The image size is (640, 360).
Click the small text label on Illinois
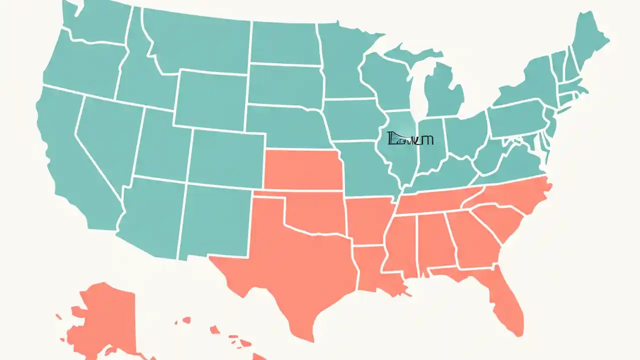[x=410, y=139]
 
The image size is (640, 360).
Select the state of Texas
[x=290, y=265]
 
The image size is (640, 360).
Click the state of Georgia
[x=472, y=240]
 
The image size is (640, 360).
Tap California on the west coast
[x=75, y=160]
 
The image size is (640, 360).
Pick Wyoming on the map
[x=210, y=100]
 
